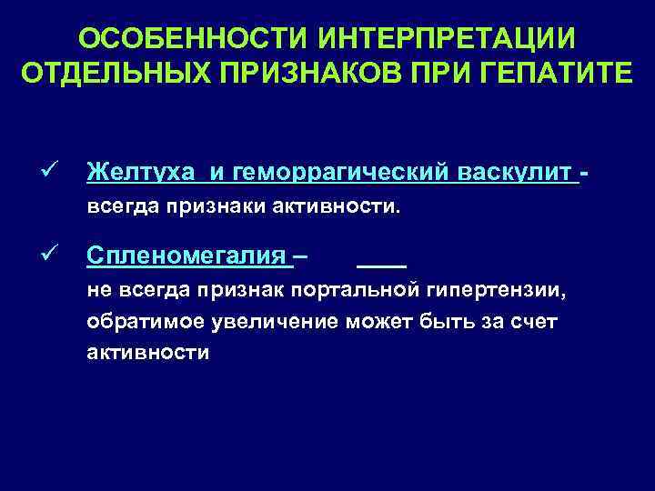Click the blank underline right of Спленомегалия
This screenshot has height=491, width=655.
381,266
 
